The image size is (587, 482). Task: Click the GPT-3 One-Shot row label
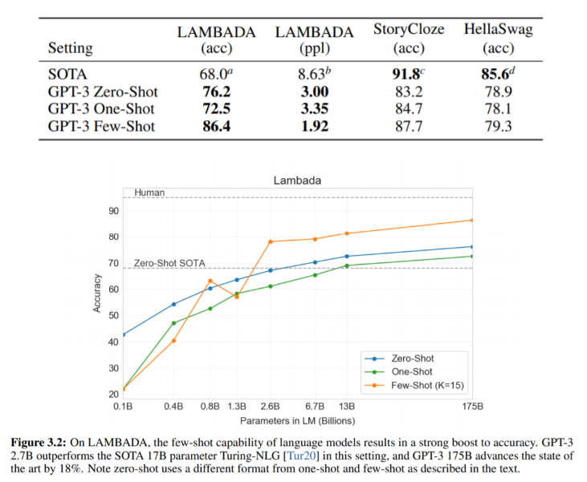pyautogui.click(x=101, y=108)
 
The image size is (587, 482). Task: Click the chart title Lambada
pyautogui.click(x=296, y=181)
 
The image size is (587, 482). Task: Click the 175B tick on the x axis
pyautogui.click(x=471, y=407)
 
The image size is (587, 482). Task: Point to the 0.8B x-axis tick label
pyautogui.click(x=210, y=407)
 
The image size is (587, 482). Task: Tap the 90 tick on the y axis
pyautogui.click(x=113, y=211)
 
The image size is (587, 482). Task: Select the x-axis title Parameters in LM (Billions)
pyautogui.click(x=297, y=420)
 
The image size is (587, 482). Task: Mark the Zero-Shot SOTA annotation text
pyautogui.click(x=169, y=263)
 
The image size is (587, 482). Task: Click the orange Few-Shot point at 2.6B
pyautogui.click(x=270, y=241)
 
